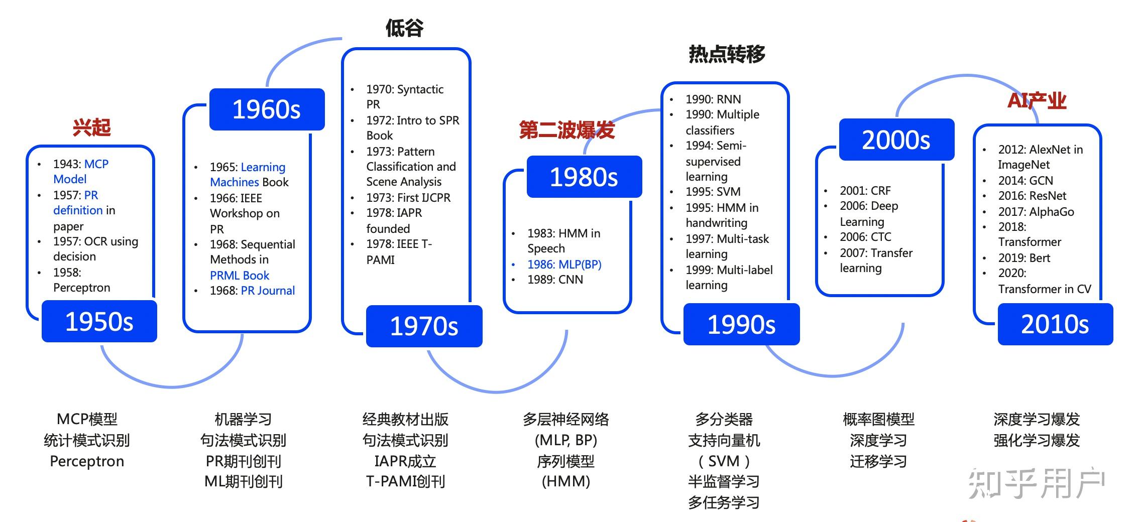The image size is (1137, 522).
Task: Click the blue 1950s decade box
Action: pyautogui.click(x=99, y=322)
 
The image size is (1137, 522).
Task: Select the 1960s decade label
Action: pyautogui.click(x=267, y=109)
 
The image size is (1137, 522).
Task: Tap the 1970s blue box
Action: pyautogui.click(x=424, y=326)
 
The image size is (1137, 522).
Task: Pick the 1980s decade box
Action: pyautogui.click(x=584, y=177)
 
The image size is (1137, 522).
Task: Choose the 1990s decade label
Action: pyautogui.click(x=741, y=324)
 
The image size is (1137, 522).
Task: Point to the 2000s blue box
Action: pyautogui.click(x=896, y=140)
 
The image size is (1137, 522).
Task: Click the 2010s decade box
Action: pyautogui.click(x=1055, y=324)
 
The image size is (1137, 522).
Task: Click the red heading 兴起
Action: pyautogui.click(x=91, y=127)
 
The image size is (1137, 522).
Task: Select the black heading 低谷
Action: pyautogui.click(x=404, y=28)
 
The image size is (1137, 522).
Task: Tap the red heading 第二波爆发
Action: pyautogui.click(x=566, y=130)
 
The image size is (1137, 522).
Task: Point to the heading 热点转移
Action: pyautogui.click(x=727, y=54)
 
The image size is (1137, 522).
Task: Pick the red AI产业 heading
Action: pyautogui.click(x=1037, y=101)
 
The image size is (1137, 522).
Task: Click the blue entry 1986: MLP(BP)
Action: pyautogui.click(x=564, y=265)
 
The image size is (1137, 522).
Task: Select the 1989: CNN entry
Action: pyautogui.click(x=555, y=280)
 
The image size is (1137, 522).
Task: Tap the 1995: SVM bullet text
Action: pyautogui.click(x=713, y=192)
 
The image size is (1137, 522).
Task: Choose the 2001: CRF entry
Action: pyautogui.click(x=865, y=191)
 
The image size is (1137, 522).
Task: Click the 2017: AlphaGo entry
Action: pyautogui.click(x=1036, y=212)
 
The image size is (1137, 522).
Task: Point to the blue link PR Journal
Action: pyautogui.click(x=268, y=291)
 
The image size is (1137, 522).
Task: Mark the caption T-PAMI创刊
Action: pyautogui.click(x=405, y=482)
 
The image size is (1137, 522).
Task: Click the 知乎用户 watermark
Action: pyautogui.click(x=1036, y=483)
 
